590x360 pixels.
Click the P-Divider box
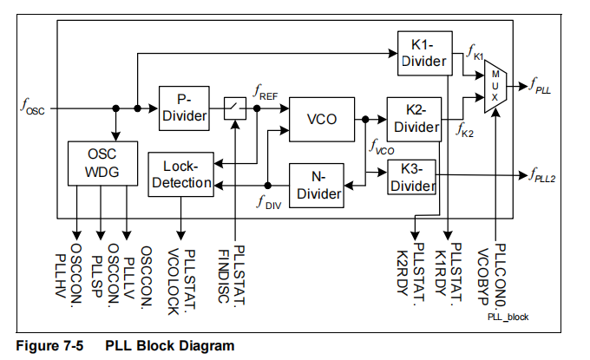[184, 108]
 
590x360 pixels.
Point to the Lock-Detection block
[180, 174]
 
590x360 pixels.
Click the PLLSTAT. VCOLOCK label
[180, 275]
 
